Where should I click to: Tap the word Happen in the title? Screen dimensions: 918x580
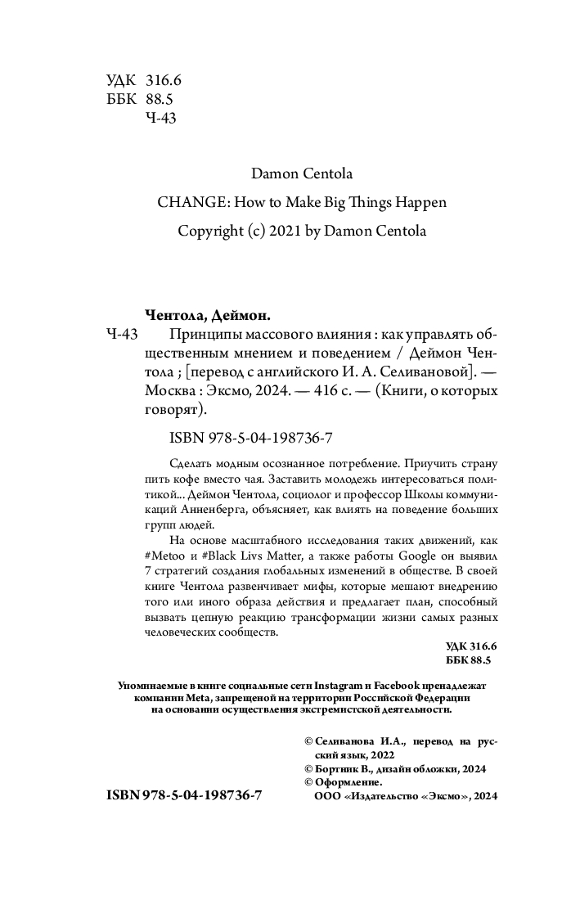(x=420, y=202)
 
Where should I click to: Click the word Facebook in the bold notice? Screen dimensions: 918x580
(x=399, y=683)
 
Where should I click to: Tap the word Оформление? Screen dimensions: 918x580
(x=349, y=783)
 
